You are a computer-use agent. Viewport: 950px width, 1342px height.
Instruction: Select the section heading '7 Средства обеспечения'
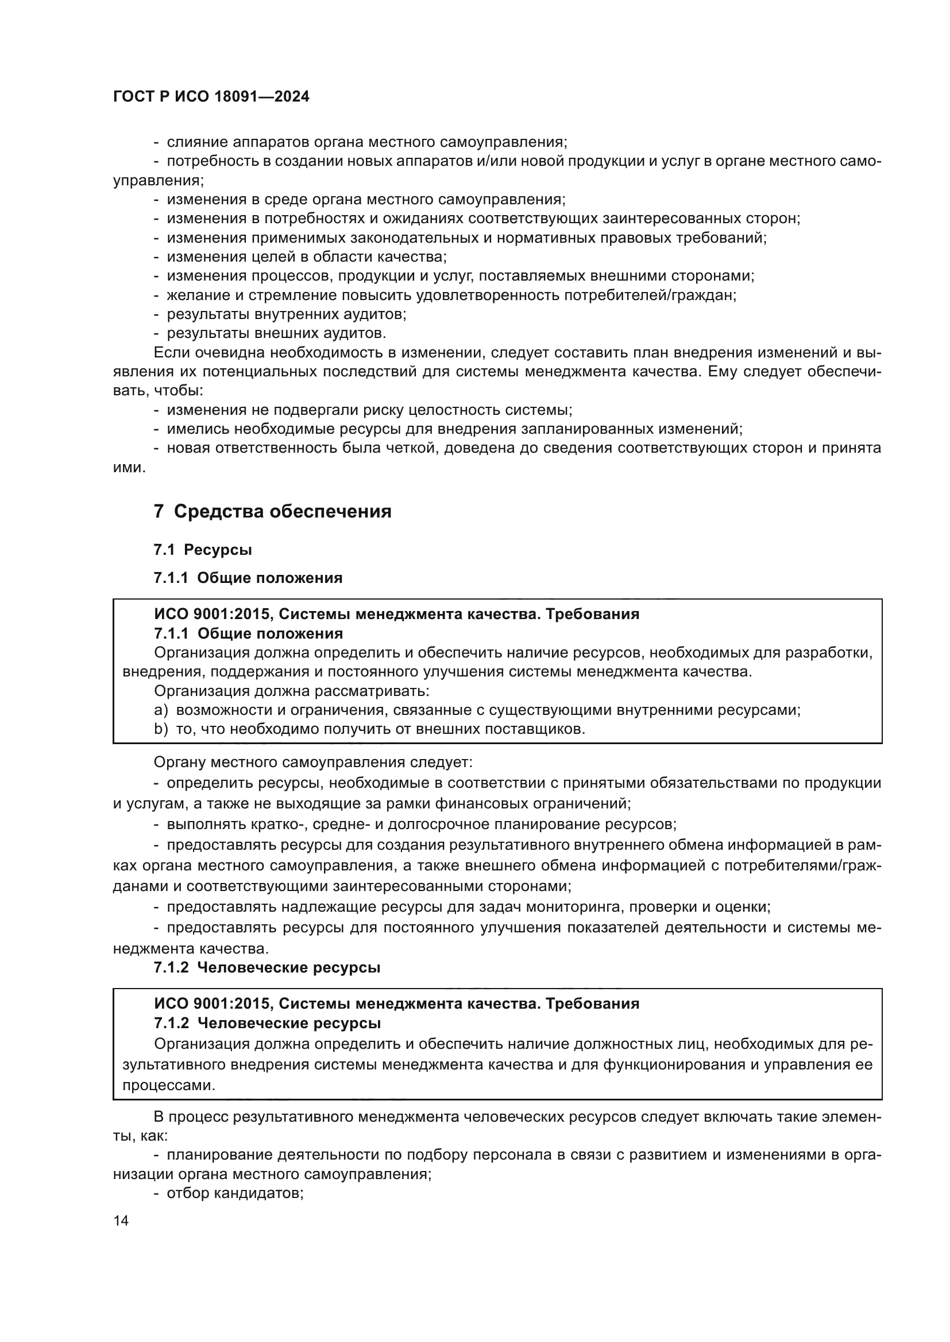pos(273,511)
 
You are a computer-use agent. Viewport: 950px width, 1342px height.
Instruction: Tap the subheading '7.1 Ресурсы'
pos(203,550)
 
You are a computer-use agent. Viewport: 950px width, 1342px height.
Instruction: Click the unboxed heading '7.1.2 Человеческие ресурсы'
pos(267,967)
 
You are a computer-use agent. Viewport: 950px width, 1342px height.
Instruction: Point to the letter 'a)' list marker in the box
pos(160,710)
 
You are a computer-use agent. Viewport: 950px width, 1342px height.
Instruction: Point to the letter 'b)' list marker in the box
pos(160,729)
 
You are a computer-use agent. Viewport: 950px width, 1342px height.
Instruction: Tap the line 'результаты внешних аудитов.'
pos(276,333)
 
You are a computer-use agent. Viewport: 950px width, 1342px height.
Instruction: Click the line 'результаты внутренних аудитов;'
pos(287,314)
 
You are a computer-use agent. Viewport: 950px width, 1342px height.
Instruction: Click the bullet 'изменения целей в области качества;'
pos(307,256)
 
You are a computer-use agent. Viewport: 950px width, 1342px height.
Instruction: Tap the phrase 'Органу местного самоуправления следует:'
pos(313,762)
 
